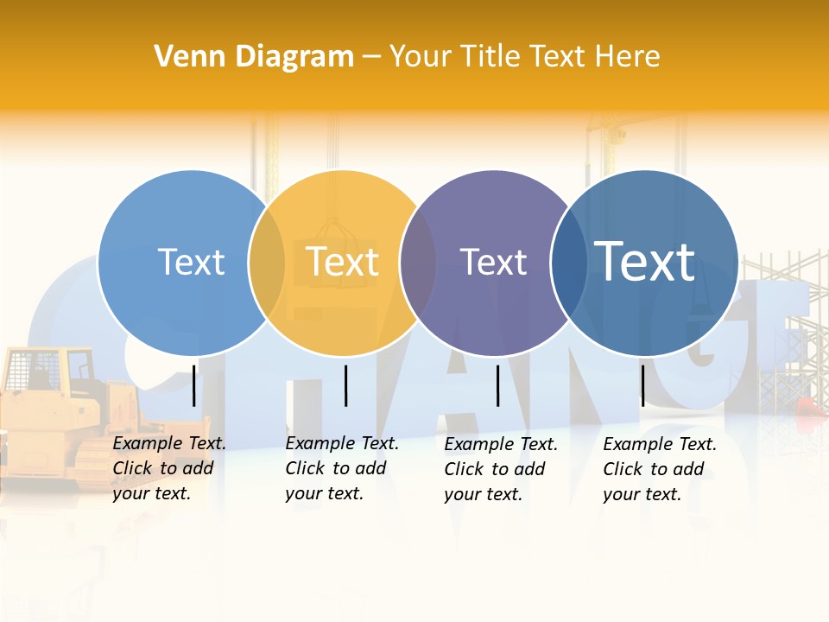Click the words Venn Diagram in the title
(x=254, y=57)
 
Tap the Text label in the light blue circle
(x=191, y=262)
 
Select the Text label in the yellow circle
(x=343, y=262)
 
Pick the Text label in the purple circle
(x=493, y=262)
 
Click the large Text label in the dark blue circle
(x=645, y=261)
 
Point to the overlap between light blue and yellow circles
(x=267, y=262)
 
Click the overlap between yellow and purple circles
(x=418, y=262)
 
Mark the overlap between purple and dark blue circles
(x=569, y=262)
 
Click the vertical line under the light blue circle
(x=193, y=385)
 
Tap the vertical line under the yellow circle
(x=345, y=385)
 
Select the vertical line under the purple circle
(x=497, y=385)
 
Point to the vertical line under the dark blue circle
(x=642, y=385)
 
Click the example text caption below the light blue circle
(x=169, y=468)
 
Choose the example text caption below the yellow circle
(x=342, y=468)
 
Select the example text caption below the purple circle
(x=501, y=469)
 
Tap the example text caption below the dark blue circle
(x=660, y=469)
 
